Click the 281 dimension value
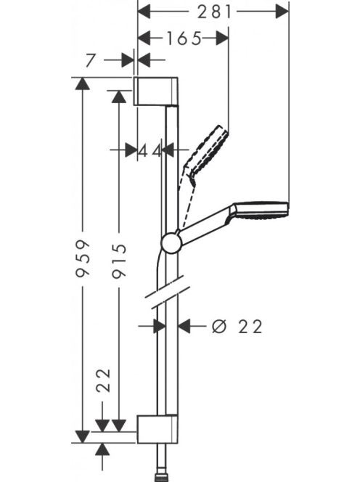click(x=214, y=12)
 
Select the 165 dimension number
click(x=184, y=38)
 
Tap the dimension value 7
click(x=90, y=60)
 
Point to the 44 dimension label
click(x=150, y=151)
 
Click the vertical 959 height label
click(x=83, y=258)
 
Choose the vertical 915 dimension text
click(x=119, y=261)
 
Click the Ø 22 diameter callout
click(x=237, y=327)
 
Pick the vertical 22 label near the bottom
click(x=103, y=380)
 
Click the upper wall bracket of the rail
click(x=156, y=91)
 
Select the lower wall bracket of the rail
click(x=157, y=429)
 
